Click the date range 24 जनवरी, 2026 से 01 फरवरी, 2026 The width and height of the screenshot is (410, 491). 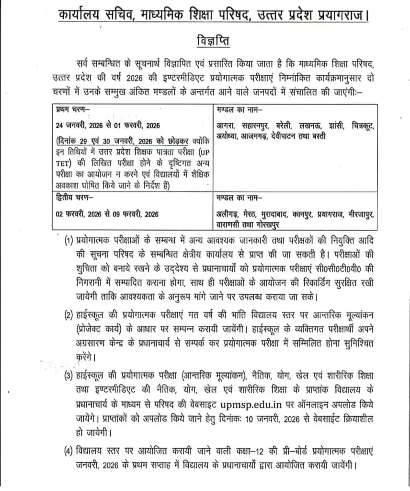[x=107, y=125]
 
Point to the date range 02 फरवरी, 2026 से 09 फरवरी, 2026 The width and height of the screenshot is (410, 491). [x=107, y=214]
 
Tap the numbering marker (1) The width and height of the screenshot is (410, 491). [x=69, y=240]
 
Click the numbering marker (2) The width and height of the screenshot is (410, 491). [x=69, y=315]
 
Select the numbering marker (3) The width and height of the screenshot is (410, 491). [x=69, y=375]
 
